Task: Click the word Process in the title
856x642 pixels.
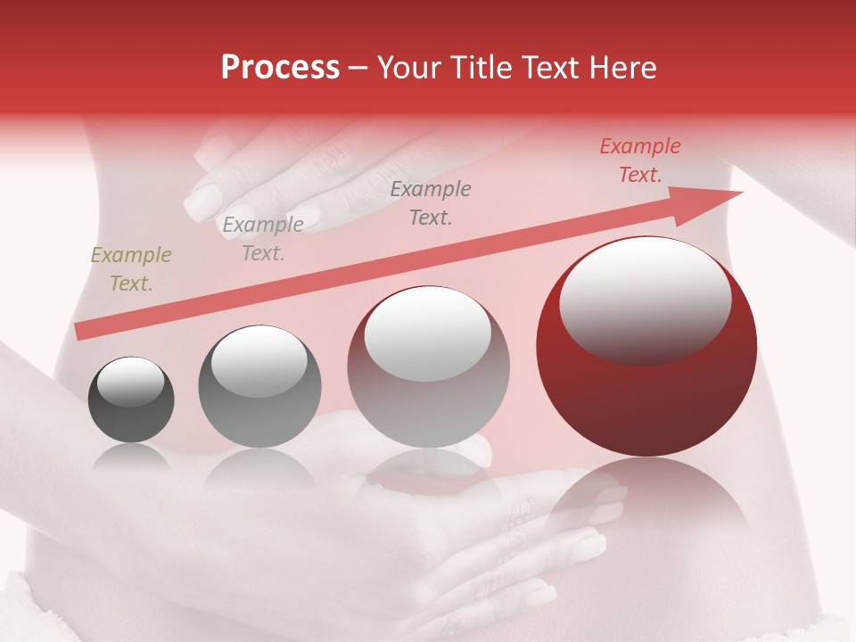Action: tap(280, 68)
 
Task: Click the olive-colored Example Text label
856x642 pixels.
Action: tap(131, 269)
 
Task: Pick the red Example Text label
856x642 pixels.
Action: tap(640, 160)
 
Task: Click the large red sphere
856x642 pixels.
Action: tap(646, 392)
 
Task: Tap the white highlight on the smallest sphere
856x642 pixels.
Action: tap(131, 382)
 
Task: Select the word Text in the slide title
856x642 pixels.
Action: tap(554, 68)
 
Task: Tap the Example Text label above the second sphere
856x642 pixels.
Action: tap(263, 239)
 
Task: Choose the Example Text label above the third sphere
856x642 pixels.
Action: tap(431, 203)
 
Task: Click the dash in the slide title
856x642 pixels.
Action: tap(358, 68)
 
